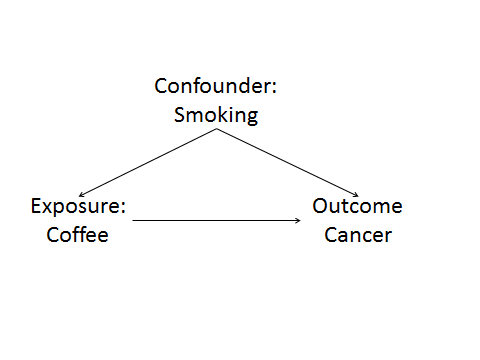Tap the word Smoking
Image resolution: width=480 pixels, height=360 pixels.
(216, 114)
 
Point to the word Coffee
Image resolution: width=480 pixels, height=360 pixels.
(77, 236)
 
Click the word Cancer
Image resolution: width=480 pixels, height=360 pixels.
(358, 236)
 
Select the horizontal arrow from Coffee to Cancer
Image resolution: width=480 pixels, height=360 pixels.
(218, 220)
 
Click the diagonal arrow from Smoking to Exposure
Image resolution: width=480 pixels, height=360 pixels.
(147, 164)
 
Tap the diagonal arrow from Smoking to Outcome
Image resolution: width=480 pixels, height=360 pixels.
(288, 164)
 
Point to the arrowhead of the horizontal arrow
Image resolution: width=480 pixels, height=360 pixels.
(302, 220)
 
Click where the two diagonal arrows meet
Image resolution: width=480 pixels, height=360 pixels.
(218, 130)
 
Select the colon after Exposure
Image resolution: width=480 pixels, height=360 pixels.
(124, 209)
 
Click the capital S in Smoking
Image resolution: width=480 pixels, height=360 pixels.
(180, 114)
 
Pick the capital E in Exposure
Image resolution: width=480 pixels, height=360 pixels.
(36, 207)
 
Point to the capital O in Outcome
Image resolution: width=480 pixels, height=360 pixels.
(320, 207)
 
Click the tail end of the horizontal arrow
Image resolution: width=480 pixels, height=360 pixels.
(134, 220)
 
